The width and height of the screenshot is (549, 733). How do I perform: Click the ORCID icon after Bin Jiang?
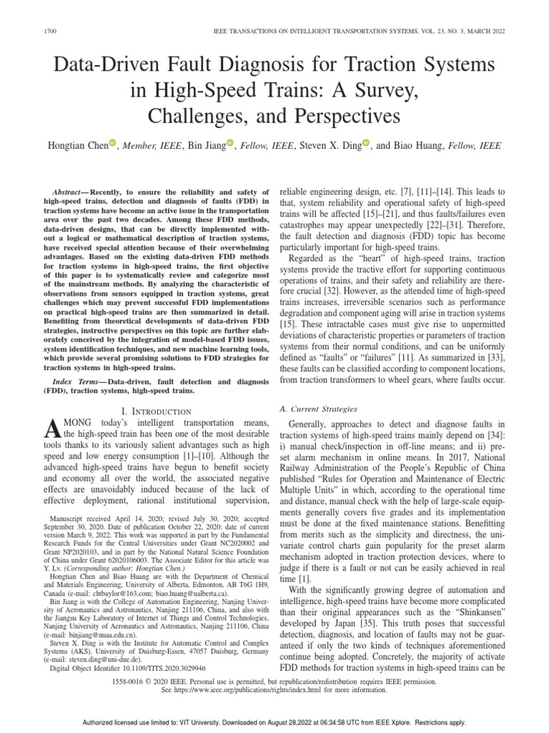[x=230, y=144]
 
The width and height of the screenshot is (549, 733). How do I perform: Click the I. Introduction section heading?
[x=157, y=411]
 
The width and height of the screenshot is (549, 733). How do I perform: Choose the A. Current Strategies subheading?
[x=318, y=408]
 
